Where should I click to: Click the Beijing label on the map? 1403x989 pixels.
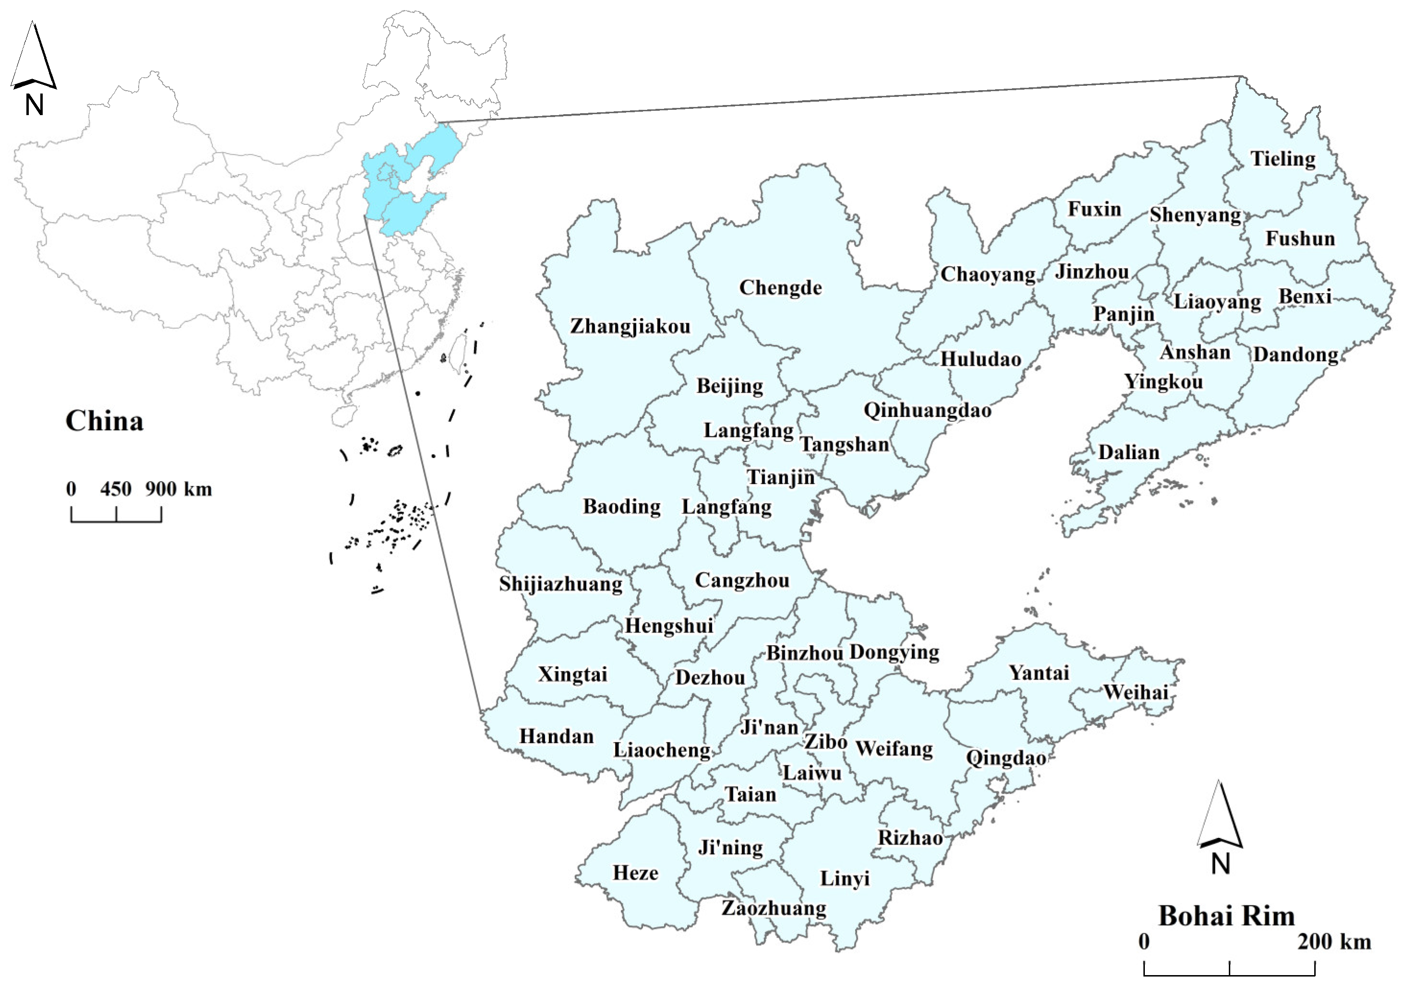(x=730, y=386)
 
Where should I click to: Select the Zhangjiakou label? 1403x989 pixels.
(x=630, y=326)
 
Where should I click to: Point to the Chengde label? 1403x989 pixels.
(x=780, y=288)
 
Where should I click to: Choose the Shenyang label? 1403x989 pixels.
(x=1195, y=215)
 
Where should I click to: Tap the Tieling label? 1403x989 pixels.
(x=1283, y=159)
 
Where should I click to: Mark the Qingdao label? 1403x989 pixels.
(x=1006, y=758)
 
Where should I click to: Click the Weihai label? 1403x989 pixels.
(x=1136, y=692)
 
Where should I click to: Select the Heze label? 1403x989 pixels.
(x=635, y=873)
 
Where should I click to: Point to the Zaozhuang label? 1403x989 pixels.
(x=773, y=908)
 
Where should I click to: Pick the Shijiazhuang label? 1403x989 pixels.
(x=561, y=584)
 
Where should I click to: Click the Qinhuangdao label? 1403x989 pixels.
(x=927, y=410)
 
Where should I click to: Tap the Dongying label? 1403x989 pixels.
(x=894, y=652)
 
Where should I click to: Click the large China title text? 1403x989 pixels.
(x=105, y=421)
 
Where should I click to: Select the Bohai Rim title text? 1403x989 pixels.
(x=1226, y=916)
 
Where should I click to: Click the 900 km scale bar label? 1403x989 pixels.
(x=178, y=489)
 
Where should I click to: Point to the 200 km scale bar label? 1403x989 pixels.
(x=1334, y=942)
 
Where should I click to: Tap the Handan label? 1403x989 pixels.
(x=556, y=736)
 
